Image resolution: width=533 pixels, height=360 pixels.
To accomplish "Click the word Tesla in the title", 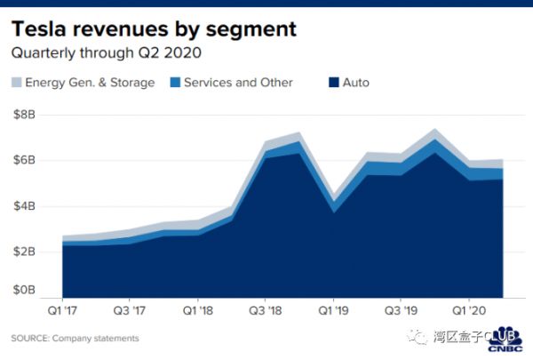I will coord(42,29).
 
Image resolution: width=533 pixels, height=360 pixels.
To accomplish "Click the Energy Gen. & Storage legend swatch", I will coord(16,83).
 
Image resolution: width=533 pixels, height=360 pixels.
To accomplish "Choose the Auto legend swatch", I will coord(333,83).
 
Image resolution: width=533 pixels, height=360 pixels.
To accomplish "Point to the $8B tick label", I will coord(24,115).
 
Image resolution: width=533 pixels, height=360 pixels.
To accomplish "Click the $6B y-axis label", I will coord(24,160).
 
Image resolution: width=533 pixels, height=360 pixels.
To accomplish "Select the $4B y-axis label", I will coord(24,205).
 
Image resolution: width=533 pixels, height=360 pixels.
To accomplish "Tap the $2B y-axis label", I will coord(24,251).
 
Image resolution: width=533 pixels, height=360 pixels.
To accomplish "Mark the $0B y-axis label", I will coord(24,291).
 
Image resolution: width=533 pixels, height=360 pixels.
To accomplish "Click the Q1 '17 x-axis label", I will coord(61,312).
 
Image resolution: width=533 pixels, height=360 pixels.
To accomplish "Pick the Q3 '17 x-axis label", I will coord(129,312).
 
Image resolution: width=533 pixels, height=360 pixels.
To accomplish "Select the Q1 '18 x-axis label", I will coord(196,312).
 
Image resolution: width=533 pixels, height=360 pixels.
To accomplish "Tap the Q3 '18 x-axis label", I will coord(264,312).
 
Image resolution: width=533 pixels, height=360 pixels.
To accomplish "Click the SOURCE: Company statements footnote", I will coord(75,339).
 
